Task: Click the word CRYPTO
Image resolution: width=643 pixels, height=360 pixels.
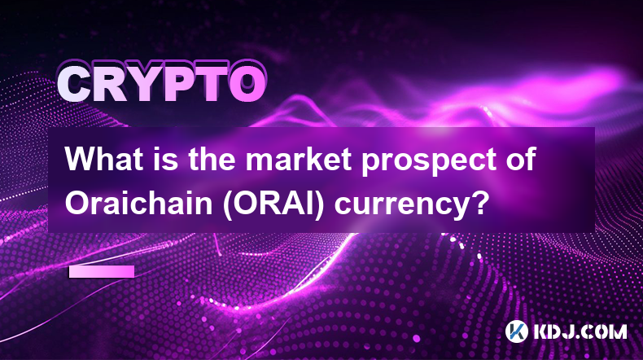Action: click(x=162, y=85)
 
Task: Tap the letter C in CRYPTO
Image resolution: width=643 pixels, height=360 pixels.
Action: click(x=74, y=85)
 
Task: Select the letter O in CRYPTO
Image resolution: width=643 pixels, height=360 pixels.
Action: click(x=247, y=85)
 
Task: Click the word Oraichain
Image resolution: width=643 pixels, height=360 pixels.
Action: click(x=138, y=203)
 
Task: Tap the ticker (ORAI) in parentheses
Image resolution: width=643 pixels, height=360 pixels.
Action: click(x=273, y=204)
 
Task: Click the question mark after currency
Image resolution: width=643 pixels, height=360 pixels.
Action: click(x=478, y=203)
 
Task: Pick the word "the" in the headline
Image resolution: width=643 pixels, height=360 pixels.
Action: click(x=212, y=160)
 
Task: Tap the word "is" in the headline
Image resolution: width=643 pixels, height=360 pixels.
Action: click(x=165, y=160)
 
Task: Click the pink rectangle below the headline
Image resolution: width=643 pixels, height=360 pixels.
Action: click(x=102, y=272)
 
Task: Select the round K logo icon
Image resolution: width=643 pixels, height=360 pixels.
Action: click(x=517, y=331)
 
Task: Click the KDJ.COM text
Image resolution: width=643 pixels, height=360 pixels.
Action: click(x=580, y=331)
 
